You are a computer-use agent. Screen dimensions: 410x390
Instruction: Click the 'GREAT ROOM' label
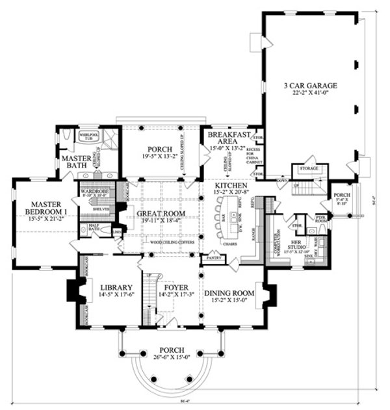click(161, 213)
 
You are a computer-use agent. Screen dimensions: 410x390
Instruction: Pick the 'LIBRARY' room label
click(116, 288)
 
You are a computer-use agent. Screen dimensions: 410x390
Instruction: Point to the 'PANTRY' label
click(213, 258)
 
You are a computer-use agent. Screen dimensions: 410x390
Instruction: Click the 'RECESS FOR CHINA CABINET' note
click(251, 157)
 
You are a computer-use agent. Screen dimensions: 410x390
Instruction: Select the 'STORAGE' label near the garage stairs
click(309, 168)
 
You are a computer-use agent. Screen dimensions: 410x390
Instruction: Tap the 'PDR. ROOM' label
click(320, 219)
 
